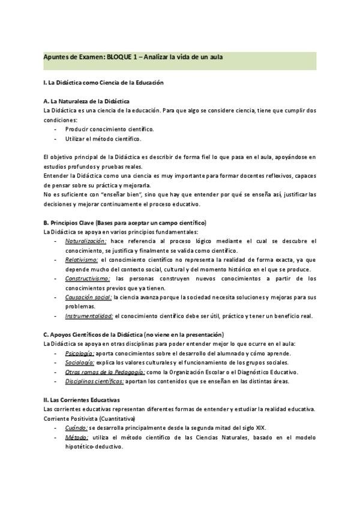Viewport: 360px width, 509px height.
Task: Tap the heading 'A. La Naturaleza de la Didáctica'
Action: coord(86,101)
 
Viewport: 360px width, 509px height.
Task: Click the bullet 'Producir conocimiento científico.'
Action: coord(109,129)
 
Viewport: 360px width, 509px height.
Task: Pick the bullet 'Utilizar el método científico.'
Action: coord(103,139)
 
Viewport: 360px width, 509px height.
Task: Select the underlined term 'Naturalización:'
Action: coord(86,241)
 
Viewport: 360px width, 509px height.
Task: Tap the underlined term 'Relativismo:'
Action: coord(82,260)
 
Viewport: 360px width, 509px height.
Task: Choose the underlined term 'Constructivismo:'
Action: coord(88,279)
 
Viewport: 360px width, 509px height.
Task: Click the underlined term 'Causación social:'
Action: coord(88,297)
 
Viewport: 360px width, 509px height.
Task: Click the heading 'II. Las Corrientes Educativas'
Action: coord(82,400)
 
